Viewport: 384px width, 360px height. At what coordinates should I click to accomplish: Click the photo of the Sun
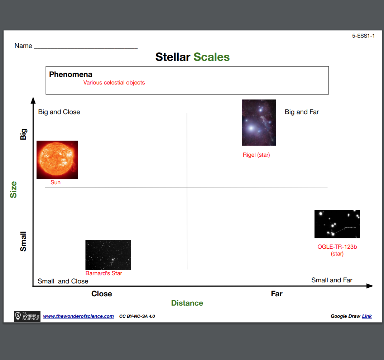point(57,160)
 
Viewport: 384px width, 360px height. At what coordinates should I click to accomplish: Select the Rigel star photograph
point(259,122)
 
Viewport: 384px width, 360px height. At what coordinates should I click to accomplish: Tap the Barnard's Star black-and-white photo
point(108,255)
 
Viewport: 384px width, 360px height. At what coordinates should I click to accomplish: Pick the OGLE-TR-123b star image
point(337,224)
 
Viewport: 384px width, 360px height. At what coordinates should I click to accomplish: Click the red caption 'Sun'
point(56,183)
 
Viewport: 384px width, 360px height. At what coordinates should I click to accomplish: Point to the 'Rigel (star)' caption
point(256,155)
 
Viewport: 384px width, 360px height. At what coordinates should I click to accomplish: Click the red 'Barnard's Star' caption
point(104,273)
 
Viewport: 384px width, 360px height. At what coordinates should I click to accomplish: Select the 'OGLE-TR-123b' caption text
point(337,247)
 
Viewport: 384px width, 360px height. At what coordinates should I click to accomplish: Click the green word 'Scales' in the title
point(211,57)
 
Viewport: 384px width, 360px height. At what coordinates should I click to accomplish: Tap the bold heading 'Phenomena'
point(71,74)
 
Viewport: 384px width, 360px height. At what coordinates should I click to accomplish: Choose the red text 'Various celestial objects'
point(114,83)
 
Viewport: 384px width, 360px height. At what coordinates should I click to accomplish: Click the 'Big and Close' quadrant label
point(59,112)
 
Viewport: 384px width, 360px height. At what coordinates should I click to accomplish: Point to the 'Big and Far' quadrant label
point(302,112)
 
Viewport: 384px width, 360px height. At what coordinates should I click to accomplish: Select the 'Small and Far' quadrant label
point(332,280)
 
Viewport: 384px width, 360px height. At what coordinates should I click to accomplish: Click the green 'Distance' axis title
point(187,303)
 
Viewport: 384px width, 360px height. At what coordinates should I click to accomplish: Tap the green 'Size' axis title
point(13,190)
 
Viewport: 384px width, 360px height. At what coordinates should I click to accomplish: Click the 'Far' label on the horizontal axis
point(277,294)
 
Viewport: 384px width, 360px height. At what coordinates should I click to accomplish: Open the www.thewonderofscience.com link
point(78,316)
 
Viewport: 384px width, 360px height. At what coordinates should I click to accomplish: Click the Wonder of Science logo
point(27,316)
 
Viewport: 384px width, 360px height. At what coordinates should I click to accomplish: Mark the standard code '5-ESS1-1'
point(363,36)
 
